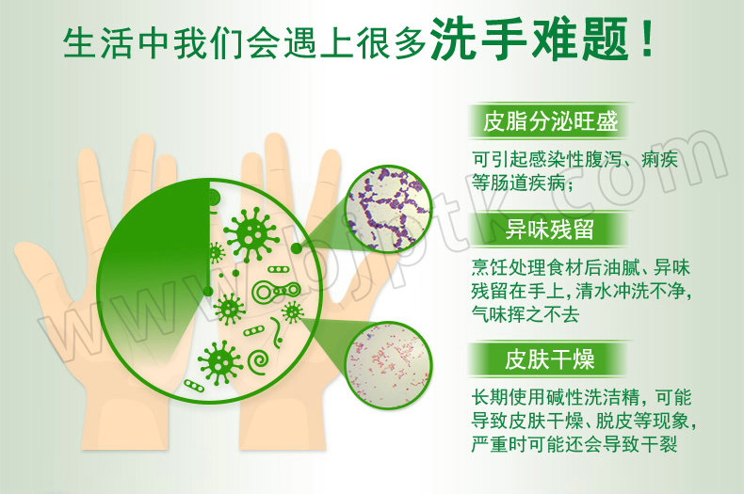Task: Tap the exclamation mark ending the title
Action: click(646, 39)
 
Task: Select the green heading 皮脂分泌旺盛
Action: click(550, 121)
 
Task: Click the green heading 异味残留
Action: click(549, 230)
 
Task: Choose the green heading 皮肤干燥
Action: click(549, 359)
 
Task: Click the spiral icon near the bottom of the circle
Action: click(259, 361)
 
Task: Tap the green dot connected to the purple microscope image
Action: click(296, 248)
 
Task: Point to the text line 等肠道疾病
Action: click(522, 182)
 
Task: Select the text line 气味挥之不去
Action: click(526, 314)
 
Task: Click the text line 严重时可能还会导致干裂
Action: click(574, 444)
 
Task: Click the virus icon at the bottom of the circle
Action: click(219, 362)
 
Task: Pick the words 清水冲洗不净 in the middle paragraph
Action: click(630, 290)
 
